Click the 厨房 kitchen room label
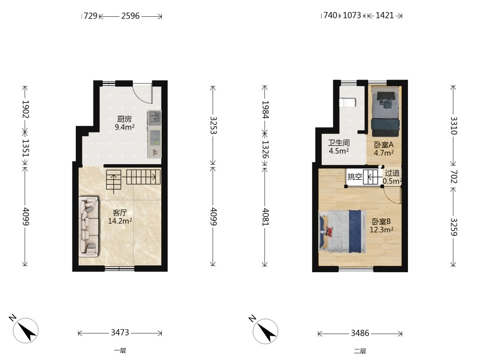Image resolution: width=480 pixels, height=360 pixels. point(125,119)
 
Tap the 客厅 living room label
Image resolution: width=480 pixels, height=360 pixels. point(120,213)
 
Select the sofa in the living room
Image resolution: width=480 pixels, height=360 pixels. point(89,227)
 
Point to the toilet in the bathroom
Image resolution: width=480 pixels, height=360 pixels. point(348,103)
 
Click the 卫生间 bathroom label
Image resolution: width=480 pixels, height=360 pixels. point(339,143)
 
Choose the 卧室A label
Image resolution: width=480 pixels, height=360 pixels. point(384,144)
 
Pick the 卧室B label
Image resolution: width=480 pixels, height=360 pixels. point(382,221)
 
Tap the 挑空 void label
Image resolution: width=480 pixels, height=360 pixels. point(355,177)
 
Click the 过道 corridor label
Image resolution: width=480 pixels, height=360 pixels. point(392,173)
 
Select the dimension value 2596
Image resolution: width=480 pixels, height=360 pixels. point(131,16)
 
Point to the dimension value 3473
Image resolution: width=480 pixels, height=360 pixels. point(120,333)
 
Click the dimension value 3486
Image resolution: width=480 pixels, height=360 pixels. point(360,333)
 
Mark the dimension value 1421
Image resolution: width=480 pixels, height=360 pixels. point(384,15)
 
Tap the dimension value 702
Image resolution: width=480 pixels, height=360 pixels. point(454,177)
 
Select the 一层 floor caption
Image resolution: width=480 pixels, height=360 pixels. point(120,351)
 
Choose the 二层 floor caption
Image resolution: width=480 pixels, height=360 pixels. point(360,351)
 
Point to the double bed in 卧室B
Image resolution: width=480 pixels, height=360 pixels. point(342,231)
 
